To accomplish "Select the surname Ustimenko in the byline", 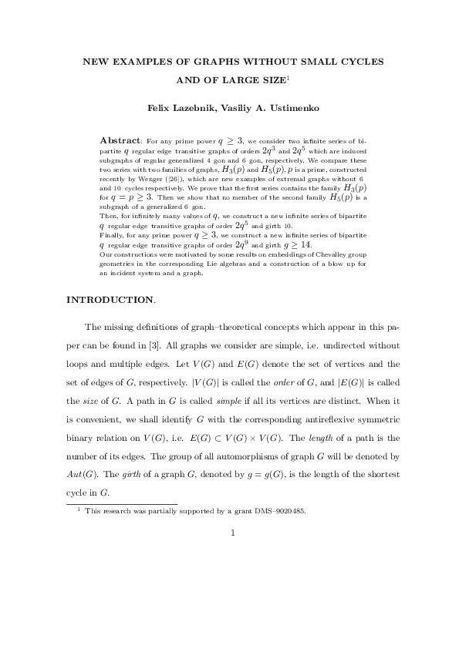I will click(x=285, y=108).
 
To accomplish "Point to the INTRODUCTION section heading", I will click(x=110, y=299).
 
